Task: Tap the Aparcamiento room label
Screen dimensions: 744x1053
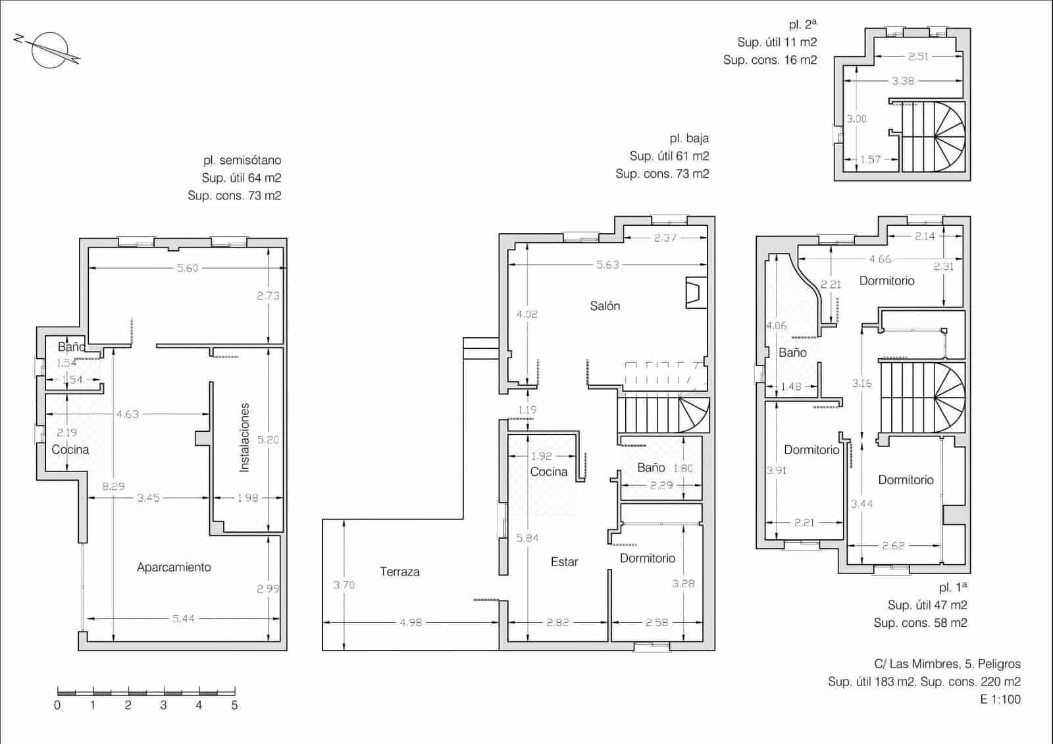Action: (174, 567)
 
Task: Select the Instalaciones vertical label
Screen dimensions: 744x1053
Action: (245, 437)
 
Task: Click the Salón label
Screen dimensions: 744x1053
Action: (605, 306)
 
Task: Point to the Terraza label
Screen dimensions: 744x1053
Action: (399, 571)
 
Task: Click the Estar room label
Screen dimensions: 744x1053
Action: (564, 562)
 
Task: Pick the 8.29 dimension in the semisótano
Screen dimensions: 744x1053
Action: (113, 486)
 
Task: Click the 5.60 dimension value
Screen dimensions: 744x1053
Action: (187, 268)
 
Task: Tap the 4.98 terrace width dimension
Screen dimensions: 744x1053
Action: (411, 622)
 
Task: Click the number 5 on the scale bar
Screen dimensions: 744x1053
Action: (234, 705)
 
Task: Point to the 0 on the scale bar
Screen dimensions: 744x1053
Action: (57, 705)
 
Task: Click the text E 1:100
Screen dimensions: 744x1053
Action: (1000, 699)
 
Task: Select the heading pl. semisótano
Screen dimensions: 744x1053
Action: (242, 160)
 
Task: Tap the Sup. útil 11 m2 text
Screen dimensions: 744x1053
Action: (777, 42)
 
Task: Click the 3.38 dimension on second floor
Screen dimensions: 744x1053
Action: (902, 81)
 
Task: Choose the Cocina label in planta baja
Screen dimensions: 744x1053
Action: (548, 471)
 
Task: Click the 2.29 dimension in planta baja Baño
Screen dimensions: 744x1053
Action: (661, 485)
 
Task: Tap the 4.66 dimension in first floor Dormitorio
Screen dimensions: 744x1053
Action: (880, 259)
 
